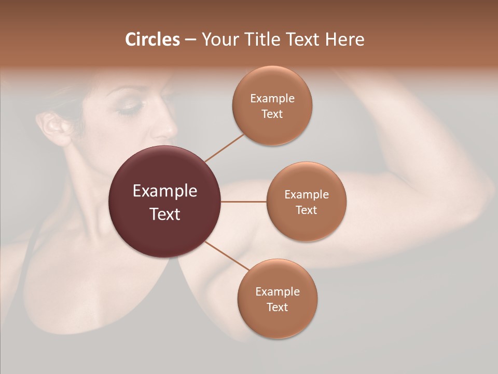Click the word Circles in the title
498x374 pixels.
[153, 39]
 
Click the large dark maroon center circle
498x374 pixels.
[165, 202]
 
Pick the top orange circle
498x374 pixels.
[272, 105]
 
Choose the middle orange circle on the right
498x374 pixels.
[307, 202]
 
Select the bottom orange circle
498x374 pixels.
[277, 299]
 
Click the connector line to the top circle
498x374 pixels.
[224, 148]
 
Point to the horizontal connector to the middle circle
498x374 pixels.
[244, 202]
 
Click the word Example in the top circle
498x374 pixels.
[272, 98]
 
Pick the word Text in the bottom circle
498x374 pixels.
[277, 307]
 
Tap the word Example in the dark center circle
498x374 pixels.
[165, 191]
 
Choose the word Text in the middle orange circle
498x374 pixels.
[307, 210]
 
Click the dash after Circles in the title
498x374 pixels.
[190, 39]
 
